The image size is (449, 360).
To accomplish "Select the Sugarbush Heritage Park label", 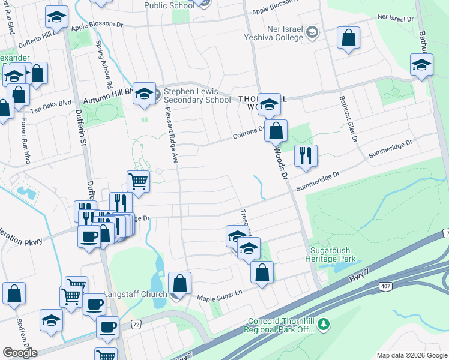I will point(333,254).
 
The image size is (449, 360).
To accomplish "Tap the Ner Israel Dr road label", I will point(395,19).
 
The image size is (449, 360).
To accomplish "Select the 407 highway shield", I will point(385,286).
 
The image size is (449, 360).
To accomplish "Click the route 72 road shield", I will point(136,325).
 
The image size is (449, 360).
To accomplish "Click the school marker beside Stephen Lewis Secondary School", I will point(144,93).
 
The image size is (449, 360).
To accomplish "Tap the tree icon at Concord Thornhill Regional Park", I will point(324,324).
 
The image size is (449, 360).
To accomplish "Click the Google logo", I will point(20,352).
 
